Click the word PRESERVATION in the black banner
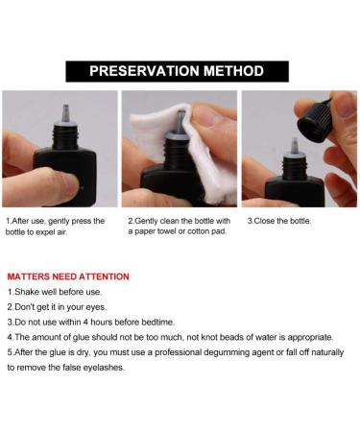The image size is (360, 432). tap(147, 71)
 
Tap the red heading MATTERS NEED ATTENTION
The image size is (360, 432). tap(68, 276)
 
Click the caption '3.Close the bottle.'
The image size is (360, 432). tap(279, 221)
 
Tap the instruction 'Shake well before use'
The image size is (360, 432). tap(58, 291)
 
